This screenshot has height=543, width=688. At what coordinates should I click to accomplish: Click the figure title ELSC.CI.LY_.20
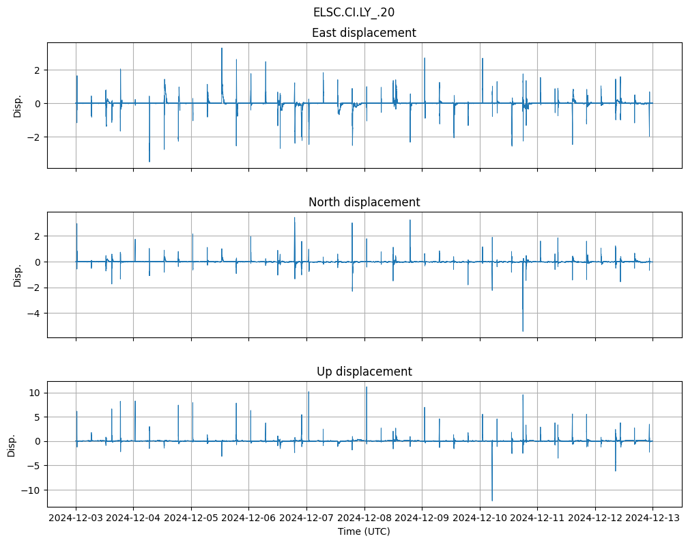point(354,12)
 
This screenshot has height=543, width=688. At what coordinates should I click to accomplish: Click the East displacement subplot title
point(364,33)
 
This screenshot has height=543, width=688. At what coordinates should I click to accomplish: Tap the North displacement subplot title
point(364,202)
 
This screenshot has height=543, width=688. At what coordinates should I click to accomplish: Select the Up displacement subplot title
point(364,372)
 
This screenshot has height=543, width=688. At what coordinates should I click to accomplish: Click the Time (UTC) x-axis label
point(364,531)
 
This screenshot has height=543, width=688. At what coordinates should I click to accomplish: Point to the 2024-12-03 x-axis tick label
point(76,518)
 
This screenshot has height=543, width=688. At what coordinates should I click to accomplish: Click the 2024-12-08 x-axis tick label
point(364,518)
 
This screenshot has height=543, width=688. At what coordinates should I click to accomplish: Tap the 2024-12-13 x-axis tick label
point(653,518)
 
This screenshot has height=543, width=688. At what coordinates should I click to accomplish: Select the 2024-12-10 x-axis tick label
point(480,518)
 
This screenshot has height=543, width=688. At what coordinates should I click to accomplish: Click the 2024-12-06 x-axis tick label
point(249,518)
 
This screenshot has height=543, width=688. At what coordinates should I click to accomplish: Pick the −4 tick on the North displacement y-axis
point(35,314)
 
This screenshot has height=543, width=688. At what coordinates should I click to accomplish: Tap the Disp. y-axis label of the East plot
point(18,105)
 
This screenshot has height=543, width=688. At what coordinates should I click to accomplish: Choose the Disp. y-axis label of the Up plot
point(12,444)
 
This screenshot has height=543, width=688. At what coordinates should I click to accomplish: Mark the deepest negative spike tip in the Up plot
point(492,501)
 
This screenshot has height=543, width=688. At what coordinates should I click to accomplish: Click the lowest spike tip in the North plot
point(523,331)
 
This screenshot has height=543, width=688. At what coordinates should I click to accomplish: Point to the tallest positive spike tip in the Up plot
point(367,387)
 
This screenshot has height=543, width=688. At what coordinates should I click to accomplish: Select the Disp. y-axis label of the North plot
point(18,275)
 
